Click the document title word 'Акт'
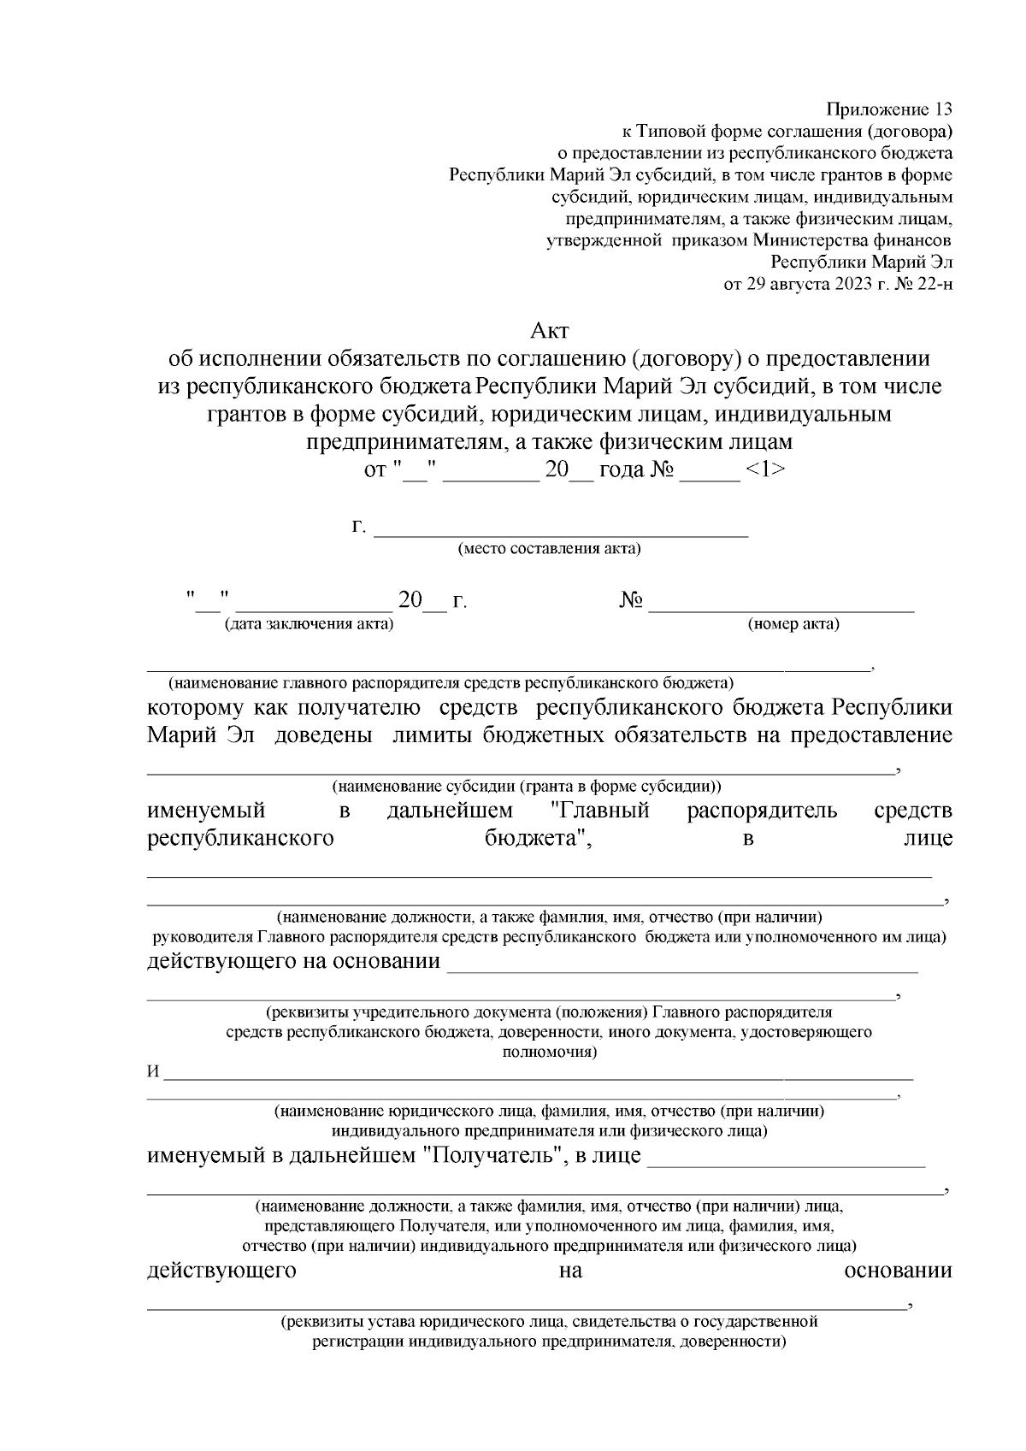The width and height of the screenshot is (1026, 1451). point(550,330)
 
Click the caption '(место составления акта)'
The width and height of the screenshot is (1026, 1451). point(550,549)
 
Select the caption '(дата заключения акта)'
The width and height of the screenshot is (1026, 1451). point(309,623)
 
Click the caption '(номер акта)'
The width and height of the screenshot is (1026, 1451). point(793,623)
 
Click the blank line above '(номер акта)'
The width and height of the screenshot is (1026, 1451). point(781,610)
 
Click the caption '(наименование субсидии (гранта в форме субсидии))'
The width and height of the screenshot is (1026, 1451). point(527,786)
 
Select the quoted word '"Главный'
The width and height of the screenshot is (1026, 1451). point(598,811)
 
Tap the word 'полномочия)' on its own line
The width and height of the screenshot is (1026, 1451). point(550,1052)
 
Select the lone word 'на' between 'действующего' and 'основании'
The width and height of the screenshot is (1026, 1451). point(570,1271)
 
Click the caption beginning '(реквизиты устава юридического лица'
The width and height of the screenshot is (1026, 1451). point(550,1321)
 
